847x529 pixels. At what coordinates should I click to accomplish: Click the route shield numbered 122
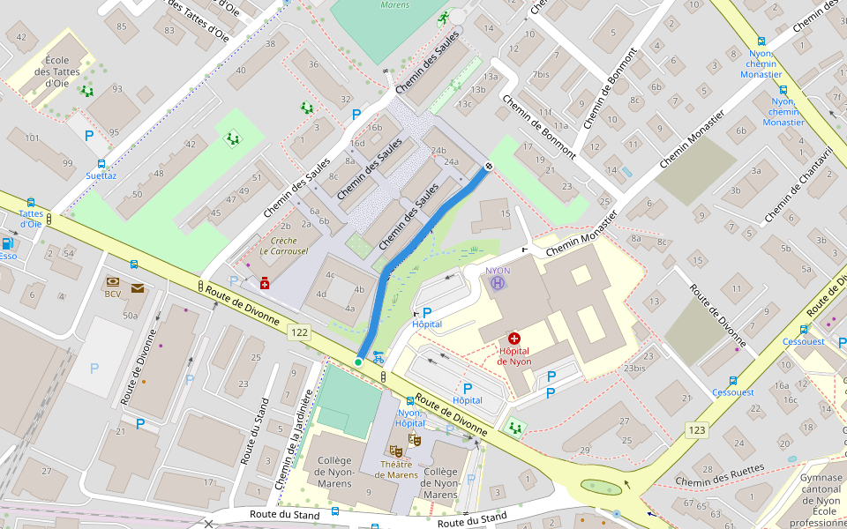click(x=300, y=332)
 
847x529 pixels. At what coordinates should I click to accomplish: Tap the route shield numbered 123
click(x=697, y=429)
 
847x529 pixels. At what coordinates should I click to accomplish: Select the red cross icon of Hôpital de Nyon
click(x=514, y=339)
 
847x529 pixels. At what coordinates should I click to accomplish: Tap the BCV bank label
click(x=113, y=294)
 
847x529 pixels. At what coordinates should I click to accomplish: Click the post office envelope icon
click(x=138, y=287)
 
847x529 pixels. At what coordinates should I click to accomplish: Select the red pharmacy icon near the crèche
click(x=264, y=283)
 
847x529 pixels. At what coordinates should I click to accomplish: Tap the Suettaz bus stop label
click(x=101, y=175)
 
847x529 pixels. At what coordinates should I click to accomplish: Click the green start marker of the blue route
click(x=358, y=362)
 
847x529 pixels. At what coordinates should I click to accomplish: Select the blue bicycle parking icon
click(x=379, y=356)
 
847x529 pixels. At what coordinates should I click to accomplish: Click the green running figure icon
click(x=442, y=18)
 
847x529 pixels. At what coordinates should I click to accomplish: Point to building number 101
click(x=33, y=138)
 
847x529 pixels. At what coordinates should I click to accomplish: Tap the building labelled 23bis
click(x=635, y=369)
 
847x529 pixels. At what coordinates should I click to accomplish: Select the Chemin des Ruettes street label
click(x=719, y=475)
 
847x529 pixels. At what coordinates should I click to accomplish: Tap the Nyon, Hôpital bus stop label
click(x=411, y=418)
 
